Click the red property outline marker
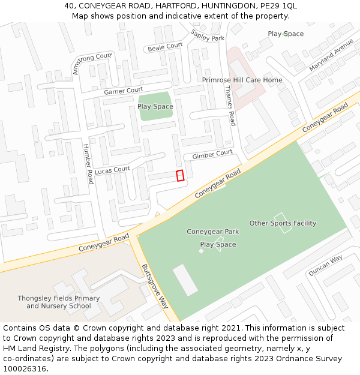(x=179, y=175)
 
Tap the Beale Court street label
(x=165, y=46)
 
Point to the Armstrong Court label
(x=92, y=62)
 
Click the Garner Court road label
(x=123, y=91)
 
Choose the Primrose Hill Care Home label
(x=242, y=80)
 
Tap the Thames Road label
(x=230, y=105)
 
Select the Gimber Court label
(x=212, y=154)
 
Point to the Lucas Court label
(x=112, y=170)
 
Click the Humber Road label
(x=88, y=164)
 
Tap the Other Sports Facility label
(x=283, y=223)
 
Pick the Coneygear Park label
(x=212, y=232)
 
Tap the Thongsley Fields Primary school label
(x=59, y=302)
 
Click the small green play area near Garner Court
(x=155, y=107)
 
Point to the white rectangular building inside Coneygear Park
(x=185, y=280)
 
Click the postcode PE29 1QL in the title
(x=280, y=6)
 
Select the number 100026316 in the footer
(x=25, y=368)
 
